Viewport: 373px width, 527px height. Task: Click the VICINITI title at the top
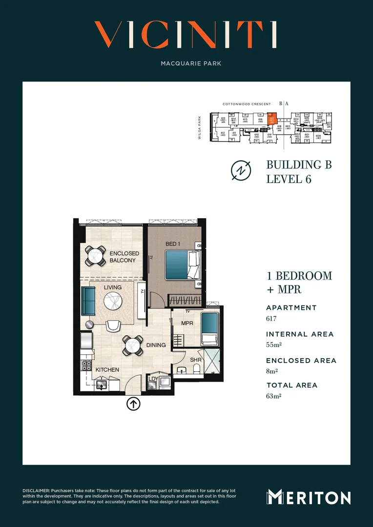click(186, 35)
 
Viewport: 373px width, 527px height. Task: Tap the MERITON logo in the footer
click(309, 497)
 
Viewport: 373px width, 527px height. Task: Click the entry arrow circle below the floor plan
click(133, 404)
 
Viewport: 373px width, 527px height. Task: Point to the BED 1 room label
click(173, 244)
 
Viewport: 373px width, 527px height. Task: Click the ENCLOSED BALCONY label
click(124, 257)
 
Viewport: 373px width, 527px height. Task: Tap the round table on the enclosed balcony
click(95, 255)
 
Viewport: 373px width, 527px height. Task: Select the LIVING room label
click(112, 287)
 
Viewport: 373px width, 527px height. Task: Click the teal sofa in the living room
click(88, 301)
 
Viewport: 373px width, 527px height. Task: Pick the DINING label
click(156, 345)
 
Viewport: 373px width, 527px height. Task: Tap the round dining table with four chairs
click(132, 345)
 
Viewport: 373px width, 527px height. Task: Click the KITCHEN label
click(107, 370)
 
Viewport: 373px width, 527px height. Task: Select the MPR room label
click(187, 324)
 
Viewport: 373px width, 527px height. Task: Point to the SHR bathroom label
click(195, 360)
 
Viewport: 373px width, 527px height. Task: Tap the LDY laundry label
click(153, 378)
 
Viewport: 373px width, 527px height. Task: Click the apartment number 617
click(271, 319)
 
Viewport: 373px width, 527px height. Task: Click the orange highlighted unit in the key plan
click(273, 118)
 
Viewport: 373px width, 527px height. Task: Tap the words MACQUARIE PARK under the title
click(186, 63)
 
